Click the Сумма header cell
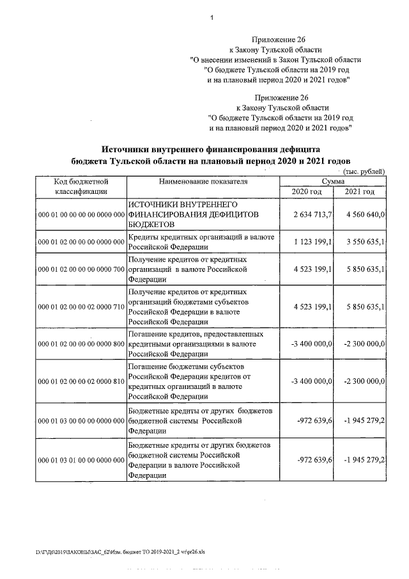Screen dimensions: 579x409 point(333,182)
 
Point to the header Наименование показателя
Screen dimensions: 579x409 point(203,182)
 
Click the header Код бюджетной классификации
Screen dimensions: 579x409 point(81,186)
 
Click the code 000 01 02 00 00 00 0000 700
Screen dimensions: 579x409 point(81,270)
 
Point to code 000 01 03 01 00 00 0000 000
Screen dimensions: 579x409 point(81,460)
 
